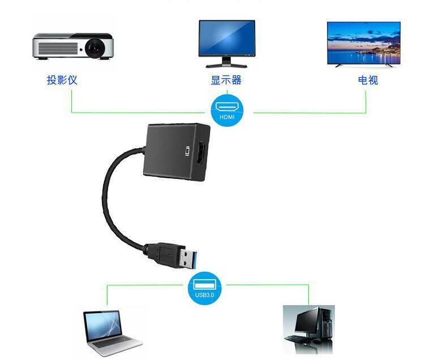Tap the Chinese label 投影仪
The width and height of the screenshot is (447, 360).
point(62,80)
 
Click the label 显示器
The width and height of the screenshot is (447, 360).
point(226,80)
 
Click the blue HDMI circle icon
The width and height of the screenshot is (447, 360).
point(227,110)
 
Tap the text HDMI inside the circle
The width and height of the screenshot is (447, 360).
point(227,117)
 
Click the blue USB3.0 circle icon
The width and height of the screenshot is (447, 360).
point(204,288)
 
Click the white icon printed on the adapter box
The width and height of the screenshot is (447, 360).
point(188,151)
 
